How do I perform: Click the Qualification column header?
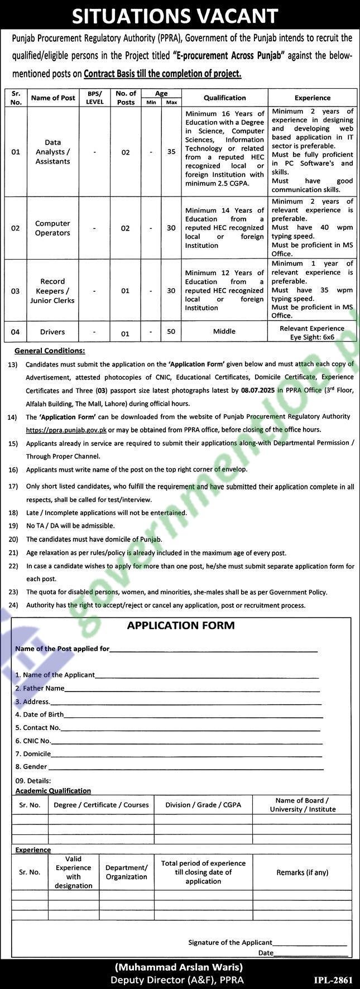coord(224,98)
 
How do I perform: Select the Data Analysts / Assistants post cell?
coord(52,152)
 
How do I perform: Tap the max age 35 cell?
coord(171,152)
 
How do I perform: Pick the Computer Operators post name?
coord(52,228)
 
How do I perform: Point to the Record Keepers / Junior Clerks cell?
coord(52,291)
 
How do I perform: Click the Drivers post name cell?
coord(52,332)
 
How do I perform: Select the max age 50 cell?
coord(171,332)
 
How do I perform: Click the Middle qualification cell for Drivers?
coord(224,332)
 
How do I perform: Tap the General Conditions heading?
coord(50,351)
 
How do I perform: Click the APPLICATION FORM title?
coord(181,626)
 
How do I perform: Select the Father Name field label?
coord(40,688)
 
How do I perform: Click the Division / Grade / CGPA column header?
coord(203,805)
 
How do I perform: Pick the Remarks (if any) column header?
coord(302,872)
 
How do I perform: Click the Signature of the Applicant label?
coord(230,942)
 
